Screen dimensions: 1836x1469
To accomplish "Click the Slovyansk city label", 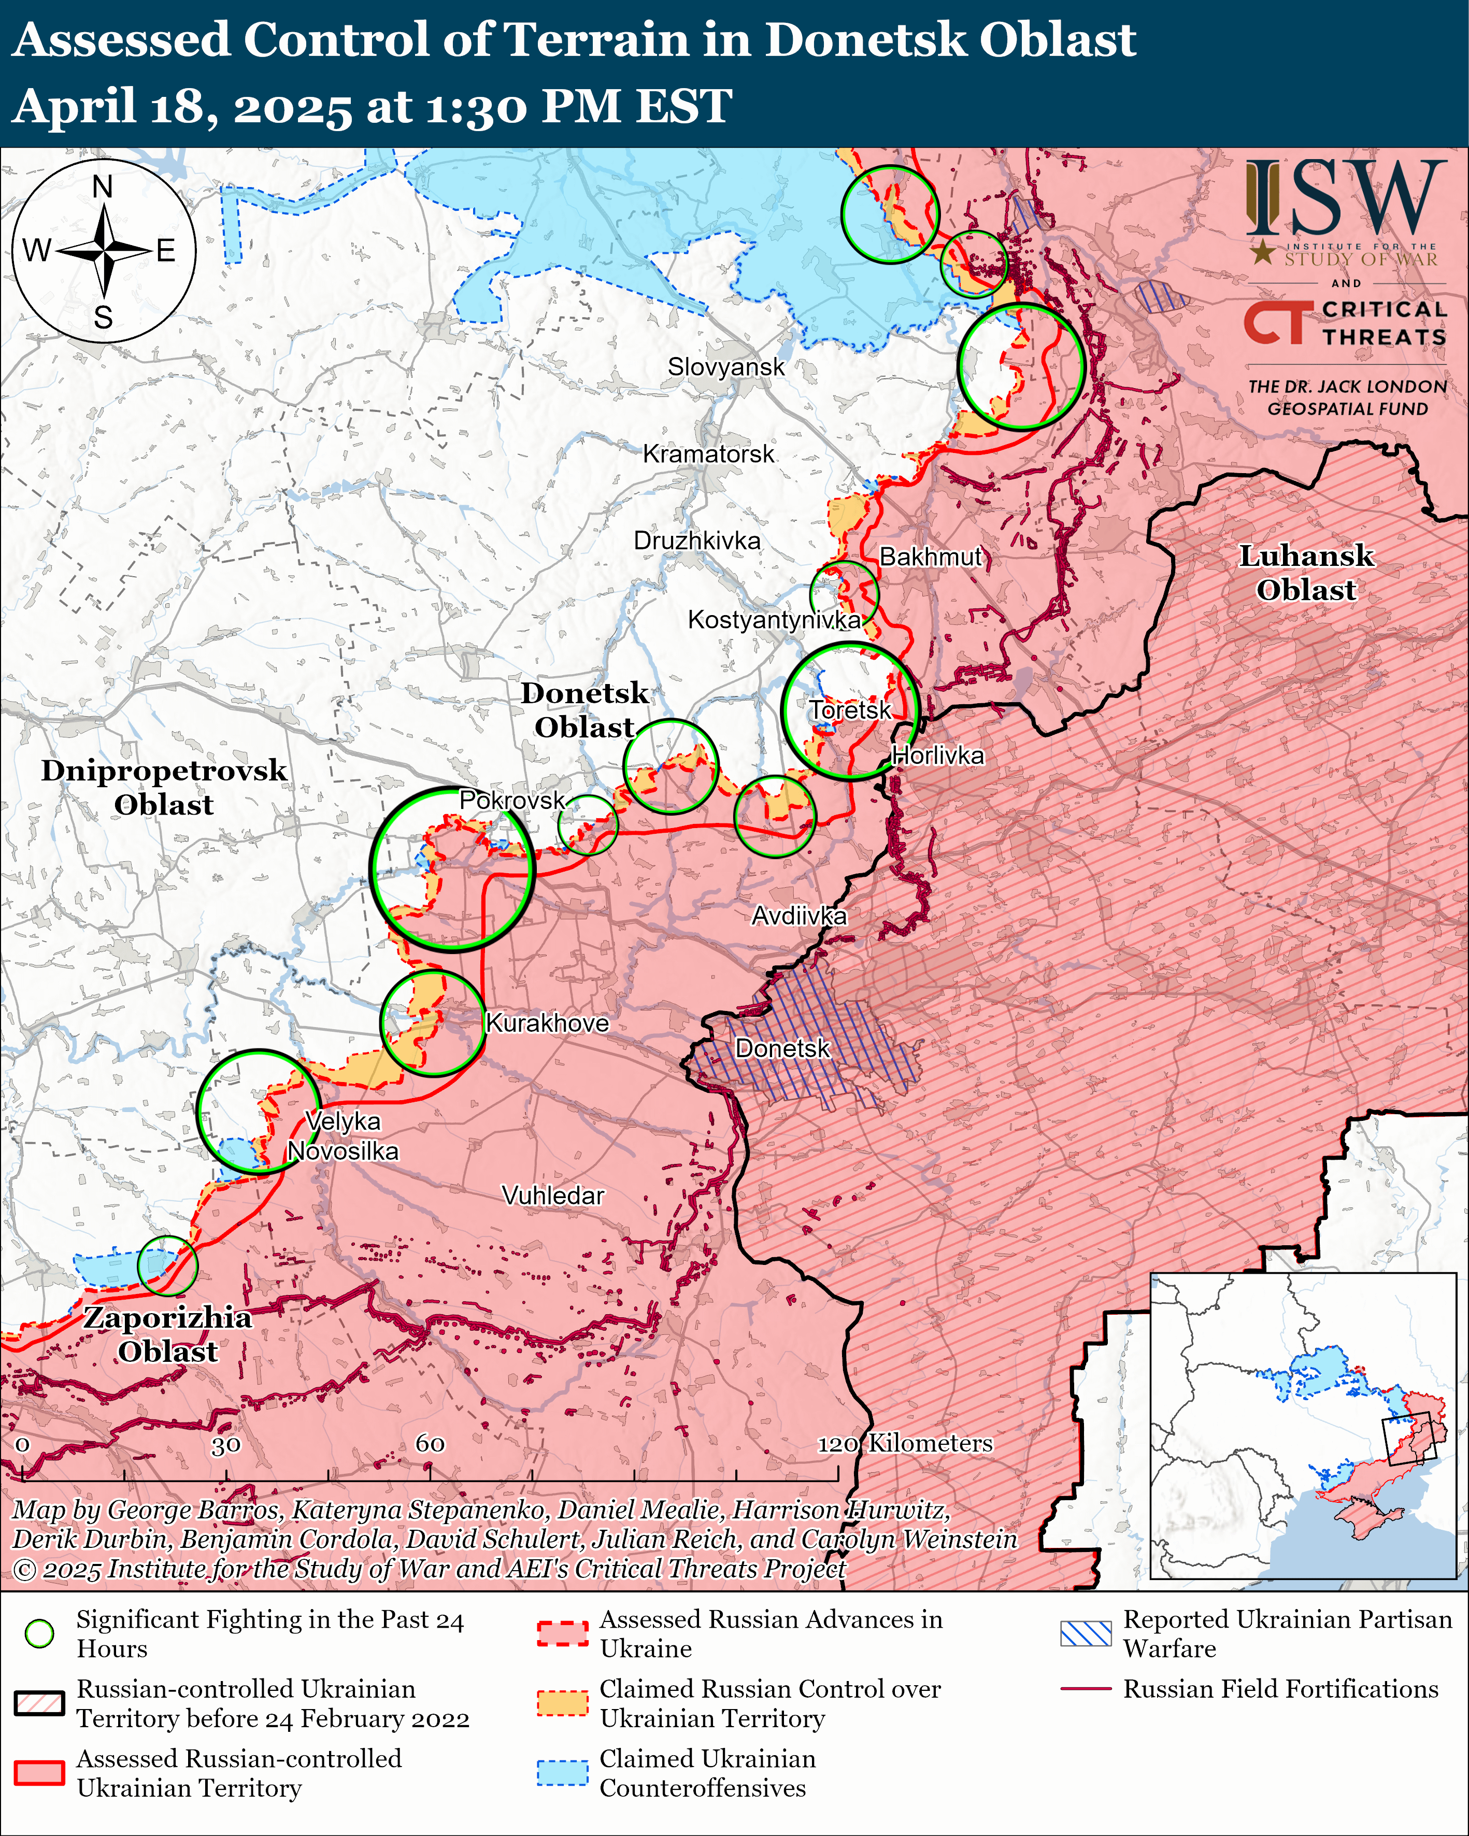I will [x=725, y=367].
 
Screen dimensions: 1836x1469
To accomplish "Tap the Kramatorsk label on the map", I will [x=708, y=454].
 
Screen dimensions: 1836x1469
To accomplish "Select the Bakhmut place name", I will [x=931, y=557].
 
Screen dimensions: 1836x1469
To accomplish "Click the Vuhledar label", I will [x=553, y=1195].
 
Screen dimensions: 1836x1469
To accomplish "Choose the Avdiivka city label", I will [x=799, y=916].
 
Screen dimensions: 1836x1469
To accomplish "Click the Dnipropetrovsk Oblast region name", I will [x=164, y=787].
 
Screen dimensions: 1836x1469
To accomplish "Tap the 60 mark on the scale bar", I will [x=430, y=1443].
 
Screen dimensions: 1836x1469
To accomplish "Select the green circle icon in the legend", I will [x=40, y=1633].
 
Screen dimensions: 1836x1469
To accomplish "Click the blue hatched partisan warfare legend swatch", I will [x=1086, y=1633].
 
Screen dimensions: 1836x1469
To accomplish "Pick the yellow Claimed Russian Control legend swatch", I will [x=562, y=1703].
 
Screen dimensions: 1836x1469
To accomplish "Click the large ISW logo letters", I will [x=1346, y=198].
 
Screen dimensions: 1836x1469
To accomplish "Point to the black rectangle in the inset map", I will [x=1409, y=1439].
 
